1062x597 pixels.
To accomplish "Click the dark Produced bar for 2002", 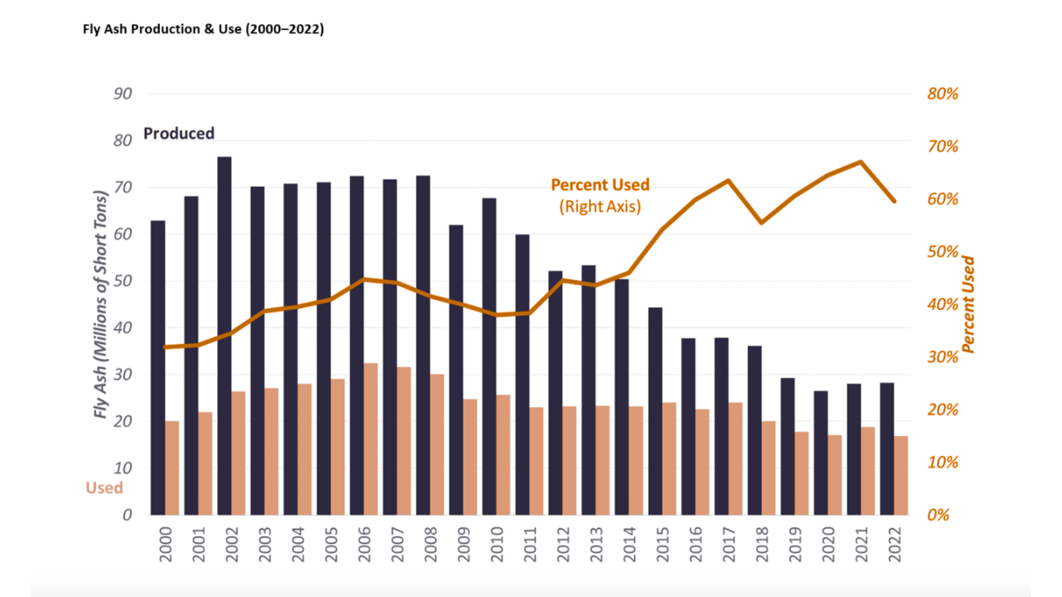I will pos(224,335).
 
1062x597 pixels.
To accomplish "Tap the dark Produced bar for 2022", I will pos(887,448).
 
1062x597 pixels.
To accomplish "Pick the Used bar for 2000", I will pos(172,468).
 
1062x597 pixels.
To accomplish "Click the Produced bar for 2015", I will pos(655,411).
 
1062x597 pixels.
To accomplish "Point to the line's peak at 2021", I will pos(861,162).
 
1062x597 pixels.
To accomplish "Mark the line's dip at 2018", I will pos(761,222).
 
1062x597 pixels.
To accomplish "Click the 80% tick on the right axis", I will pos(943,94).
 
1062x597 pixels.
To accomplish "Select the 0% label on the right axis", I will pos(938,515).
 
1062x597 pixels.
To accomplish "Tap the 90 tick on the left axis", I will pos(123,94).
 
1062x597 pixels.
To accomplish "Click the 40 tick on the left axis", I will pos(123,328).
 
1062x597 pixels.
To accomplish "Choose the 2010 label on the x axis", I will pos(496,545).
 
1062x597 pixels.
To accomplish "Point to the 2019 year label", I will pos(795,545).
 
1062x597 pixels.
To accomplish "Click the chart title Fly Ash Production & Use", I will pos(203,29).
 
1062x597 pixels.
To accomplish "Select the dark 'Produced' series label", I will pos(179,133).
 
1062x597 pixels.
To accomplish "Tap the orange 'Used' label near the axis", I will pos(104,488).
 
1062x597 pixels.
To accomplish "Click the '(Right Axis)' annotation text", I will pos(599,206).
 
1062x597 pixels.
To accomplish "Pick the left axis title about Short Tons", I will pos(100,304).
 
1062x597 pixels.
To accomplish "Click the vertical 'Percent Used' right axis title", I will pos(968,304).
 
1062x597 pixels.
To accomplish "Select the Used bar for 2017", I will pos(735,458).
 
